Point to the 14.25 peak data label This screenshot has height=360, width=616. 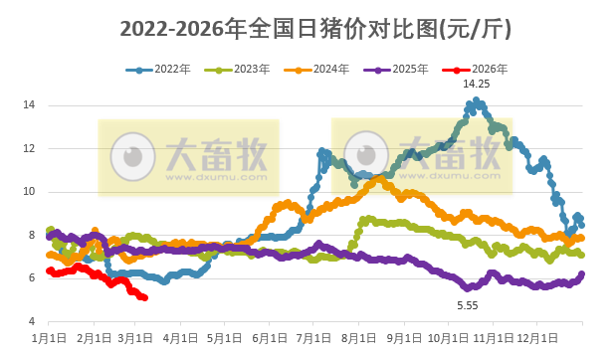[x=477, y=85]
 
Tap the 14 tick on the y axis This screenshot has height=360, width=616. [x=30, y=104]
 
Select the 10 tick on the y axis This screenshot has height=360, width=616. [x=30, y=191]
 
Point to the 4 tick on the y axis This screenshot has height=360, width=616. [x=33, y=321]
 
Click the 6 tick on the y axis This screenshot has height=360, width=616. [x=33, y=277]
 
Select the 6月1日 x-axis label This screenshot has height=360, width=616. [x=271, y=337]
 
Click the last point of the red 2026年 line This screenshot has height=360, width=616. [x=145, y=297]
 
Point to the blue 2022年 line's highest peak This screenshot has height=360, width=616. [x=478, y=99]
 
